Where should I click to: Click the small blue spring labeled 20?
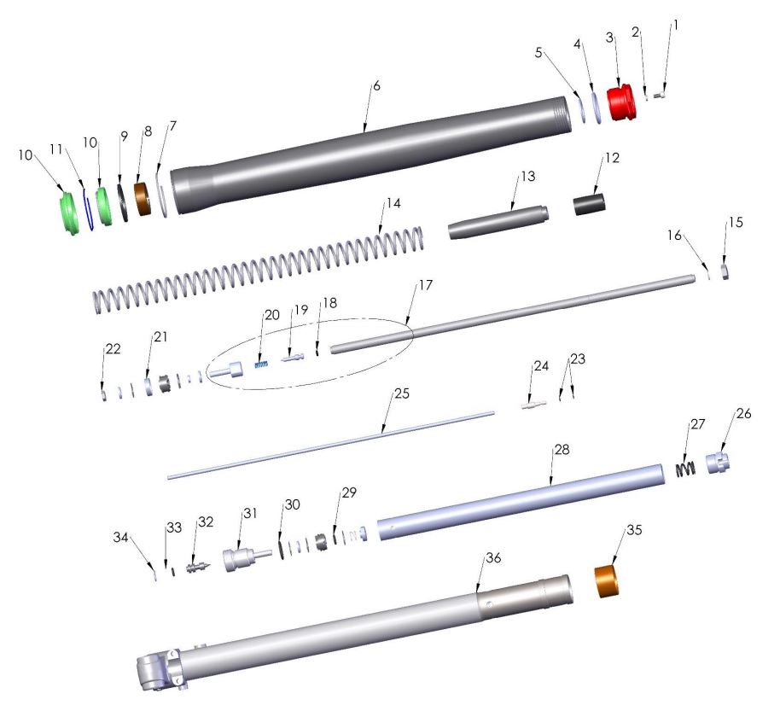point(263,364)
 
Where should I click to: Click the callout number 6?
point(376,88)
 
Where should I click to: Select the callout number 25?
point(402,395)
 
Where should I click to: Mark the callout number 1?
point(676,26)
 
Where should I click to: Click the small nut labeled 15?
point(723,271)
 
